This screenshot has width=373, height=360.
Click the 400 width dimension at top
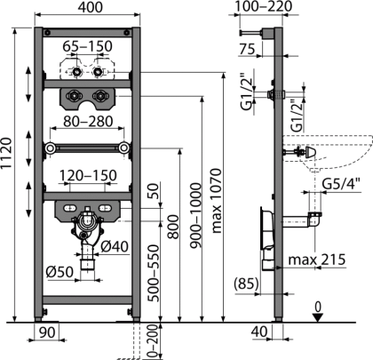coord(90,7)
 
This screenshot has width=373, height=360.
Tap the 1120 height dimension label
coord(6,153)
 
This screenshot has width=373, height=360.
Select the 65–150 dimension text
coord(88,46)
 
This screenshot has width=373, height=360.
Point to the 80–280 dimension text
coord(88,122)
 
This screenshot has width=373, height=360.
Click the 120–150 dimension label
coord(88,175)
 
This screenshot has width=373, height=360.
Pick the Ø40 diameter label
coord(115,246)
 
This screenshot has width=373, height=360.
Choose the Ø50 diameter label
coord(60,272)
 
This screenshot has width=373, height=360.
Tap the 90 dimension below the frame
coord(47,332)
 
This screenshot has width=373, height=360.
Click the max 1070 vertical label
coord(217,201)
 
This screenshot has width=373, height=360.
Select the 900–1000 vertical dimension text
coord(196,215)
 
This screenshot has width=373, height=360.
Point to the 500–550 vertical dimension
coord(154,273)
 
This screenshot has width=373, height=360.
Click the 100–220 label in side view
coord(263,6)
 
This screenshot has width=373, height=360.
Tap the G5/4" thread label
coord(341,184)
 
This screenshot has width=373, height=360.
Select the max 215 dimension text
coord(317,260)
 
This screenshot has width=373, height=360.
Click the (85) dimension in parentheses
coord(246,284)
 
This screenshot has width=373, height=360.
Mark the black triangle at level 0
coord(318,318)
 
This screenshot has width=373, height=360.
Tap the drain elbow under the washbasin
coord(315,220)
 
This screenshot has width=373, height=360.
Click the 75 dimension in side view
coord(247,49)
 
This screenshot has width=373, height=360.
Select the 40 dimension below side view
coord(259,332)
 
